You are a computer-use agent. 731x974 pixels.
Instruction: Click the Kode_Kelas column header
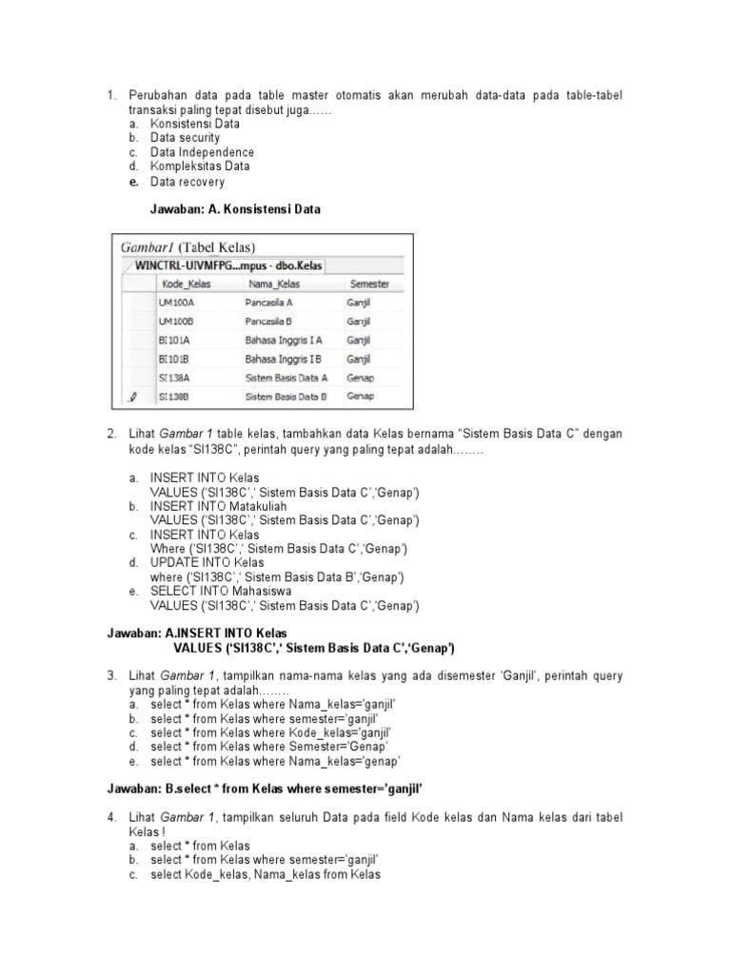coord(186,283)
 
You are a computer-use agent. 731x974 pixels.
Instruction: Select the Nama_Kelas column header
coord(273,283)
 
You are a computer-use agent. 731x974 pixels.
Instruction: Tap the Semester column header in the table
coord(369,283)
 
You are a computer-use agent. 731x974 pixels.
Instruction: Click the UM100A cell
coord(174,303)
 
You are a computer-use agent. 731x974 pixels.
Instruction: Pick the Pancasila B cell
coord(268,321)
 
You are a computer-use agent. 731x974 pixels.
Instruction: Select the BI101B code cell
coord(174,359)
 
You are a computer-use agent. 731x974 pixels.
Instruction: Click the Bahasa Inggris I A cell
coord(284,341)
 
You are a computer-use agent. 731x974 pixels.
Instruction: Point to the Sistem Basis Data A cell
coord(286,378)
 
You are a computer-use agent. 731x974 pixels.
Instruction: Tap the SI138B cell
coord(174,396)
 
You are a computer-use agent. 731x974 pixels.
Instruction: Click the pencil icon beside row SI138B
coord(133,396)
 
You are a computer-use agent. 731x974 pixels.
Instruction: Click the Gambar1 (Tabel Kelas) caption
coord(188,247)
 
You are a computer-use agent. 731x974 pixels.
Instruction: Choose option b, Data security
coord(185,138)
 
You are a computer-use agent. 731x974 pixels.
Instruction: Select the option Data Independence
coord(202,152)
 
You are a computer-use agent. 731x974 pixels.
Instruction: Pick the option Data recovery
coord(188,182)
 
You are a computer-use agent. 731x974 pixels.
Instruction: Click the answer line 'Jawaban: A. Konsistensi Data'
coord(235,209)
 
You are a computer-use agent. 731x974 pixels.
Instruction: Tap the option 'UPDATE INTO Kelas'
coord(207,563)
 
